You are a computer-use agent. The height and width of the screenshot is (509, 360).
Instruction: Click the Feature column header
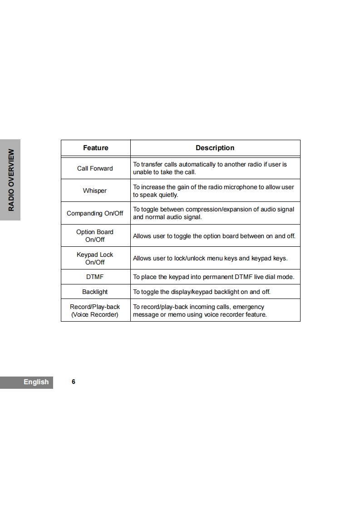95,148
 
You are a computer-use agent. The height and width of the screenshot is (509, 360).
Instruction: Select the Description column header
215,148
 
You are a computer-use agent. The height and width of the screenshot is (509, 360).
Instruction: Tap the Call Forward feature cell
95,168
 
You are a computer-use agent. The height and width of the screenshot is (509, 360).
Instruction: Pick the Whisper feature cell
95,191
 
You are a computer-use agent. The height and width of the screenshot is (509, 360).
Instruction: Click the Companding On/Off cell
95,213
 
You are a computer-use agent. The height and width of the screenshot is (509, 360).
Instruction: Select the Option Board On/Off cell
95,235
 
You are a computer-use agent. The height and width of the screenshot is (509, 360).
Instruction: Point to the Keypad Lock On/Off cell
95,258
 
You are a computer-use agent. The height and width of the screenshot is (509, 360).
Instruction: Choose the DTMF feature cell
95,277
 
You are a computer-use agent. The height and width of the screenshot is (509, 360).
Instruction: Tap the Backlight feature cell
95,292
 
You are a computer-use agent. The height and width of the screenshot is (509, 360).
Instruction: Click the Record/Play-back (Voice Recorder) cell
95,310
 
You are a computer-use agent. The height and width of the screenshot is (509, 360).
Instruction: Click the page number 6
74,382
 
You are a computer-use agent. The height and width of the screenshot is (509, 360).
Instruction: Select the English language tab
36,382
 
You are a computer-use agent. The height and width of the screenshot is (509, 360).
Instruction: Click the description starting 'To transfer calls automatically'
210,168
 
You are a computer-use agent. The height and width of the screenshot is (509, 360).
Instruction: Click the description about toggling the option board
214,236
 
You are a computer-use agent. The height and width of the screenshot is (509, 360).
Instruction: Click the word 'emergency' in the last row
248,307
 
